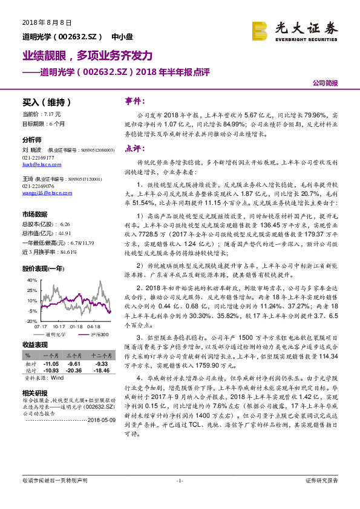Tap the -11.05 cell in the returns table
(50, 365)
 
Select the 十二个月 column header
(98, 357)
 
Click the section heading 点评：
(136, 148)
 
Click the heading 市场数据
(34, 214)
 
